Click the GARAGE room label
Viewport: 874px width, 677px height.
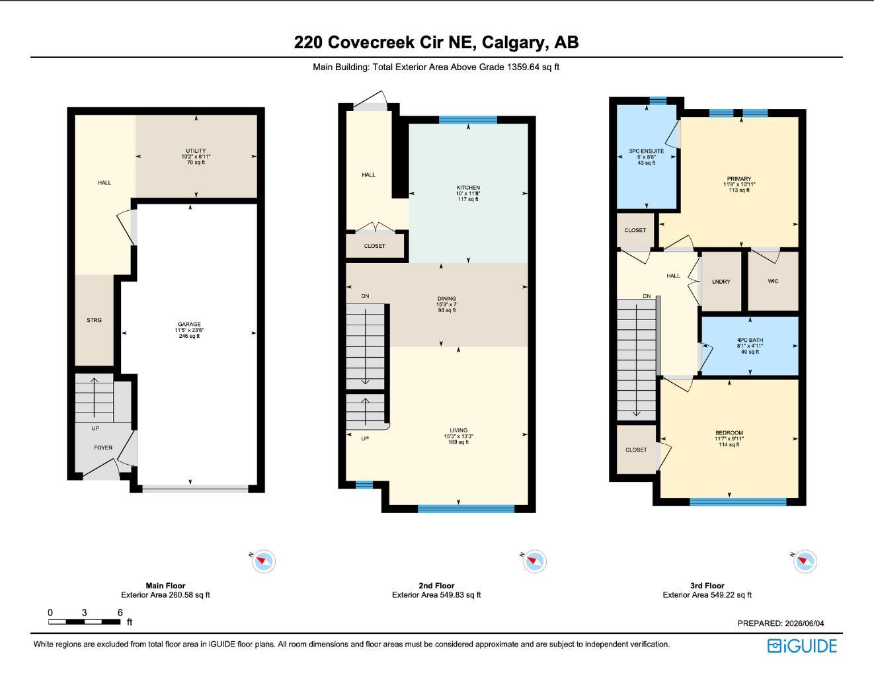189,324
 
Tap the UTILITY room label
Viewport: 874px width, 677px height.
196,151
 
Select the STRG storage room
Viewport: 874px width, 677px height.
94,320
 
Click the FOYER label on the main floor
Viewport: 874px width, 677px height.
103,448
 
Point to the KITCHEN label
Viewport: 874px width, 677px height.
468,188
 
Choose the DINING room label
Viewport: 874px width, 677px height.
447,299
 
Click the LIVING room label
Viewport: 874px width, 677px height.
459,430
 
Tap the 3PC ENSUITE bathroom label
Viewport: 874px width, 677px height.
647,151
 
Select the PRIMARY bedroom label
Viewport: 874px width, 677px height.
739,179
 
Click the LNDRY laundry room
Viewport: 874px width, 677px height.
721,282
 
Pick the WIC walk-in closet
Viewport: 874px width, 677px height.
773,281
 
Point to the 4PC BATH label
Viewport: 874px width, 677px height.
750,340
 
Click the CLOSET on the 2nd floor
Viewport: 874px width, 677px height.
375,246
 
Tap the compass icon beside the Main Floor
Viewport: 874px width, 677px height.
263,561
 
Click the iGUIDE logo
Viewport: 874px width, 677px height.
802,646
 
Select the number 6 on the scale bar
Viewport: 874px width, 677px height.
120,612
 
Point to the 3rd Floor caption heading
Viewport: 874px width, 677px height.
707,586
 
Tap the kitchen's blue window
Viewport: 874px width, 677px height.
468,120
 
